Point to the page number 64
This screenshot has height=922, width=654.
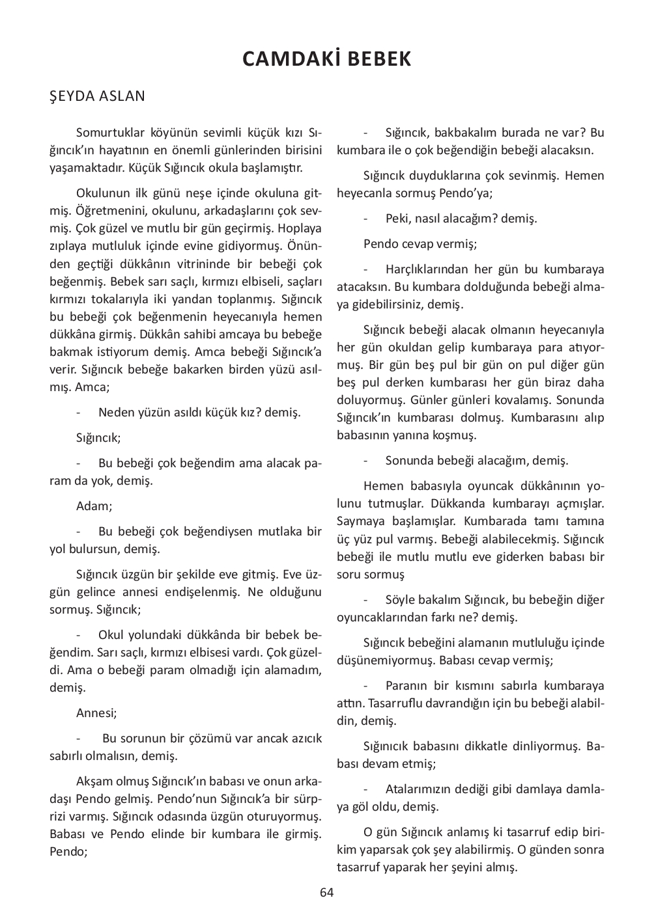[327, 892]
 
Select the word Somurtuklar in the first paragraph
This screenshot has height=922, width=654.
[110, 133]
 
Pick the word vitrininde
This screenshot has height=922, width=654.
[197, 264]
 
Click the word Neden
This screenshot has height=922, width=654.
[116, 413]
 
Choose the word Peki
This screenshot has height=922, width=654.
[397, 219]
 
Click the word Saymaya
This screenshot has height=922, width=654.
[360, 521]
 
